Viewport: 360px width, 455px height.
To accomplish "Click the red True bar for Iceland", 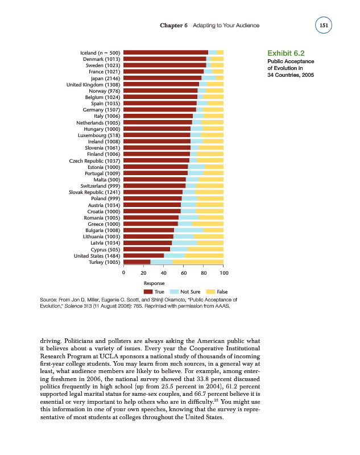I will (165, 53).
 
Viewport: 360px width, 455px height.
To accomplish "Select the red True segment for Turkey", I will (137, 262).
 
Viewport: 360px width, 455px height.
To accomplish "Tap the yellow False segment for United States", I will (204, 255).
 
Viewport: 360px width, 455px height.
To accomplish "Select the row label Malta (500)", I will (105, 180).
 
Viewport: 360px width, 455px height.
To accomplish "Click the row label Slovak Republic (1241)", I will (95, 192).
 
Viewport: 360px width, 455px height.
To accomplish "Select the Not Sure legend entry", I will (185, 291).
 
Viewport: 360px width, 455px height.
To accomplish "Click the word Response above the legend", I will (154, 283).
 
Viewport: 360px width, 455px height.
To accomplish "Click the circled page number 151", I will (325, 26).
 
